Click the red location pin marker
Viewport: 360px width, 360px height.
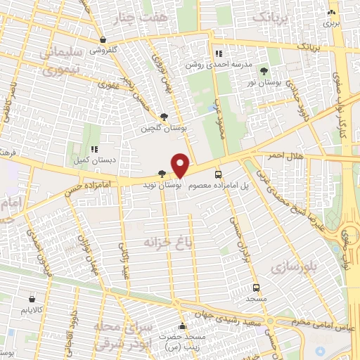(181, 165)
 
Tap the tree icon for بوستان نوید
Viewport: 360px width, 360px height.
(162, 174)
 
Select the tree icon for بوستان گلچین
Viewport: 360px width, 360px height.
(164, 117)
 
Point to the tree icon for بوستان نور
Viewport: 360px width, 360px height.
(264, 71)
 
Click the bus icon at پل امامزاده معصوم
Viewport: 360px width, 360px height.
(217, 174)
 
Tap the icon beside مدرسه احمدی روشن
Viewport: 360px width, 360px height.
(219, 53)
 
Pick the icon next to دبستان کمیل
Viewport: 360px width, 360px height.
(94, 149)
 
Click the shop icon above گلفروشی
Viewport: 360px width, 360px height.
(103, 40)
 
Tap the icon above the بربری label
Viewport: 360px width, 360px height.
(330, 13)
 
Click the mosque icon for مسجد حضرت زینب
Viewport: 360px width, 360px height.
(183, 327)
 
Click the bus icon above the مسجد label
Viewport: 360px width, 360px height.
(257, 288)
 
